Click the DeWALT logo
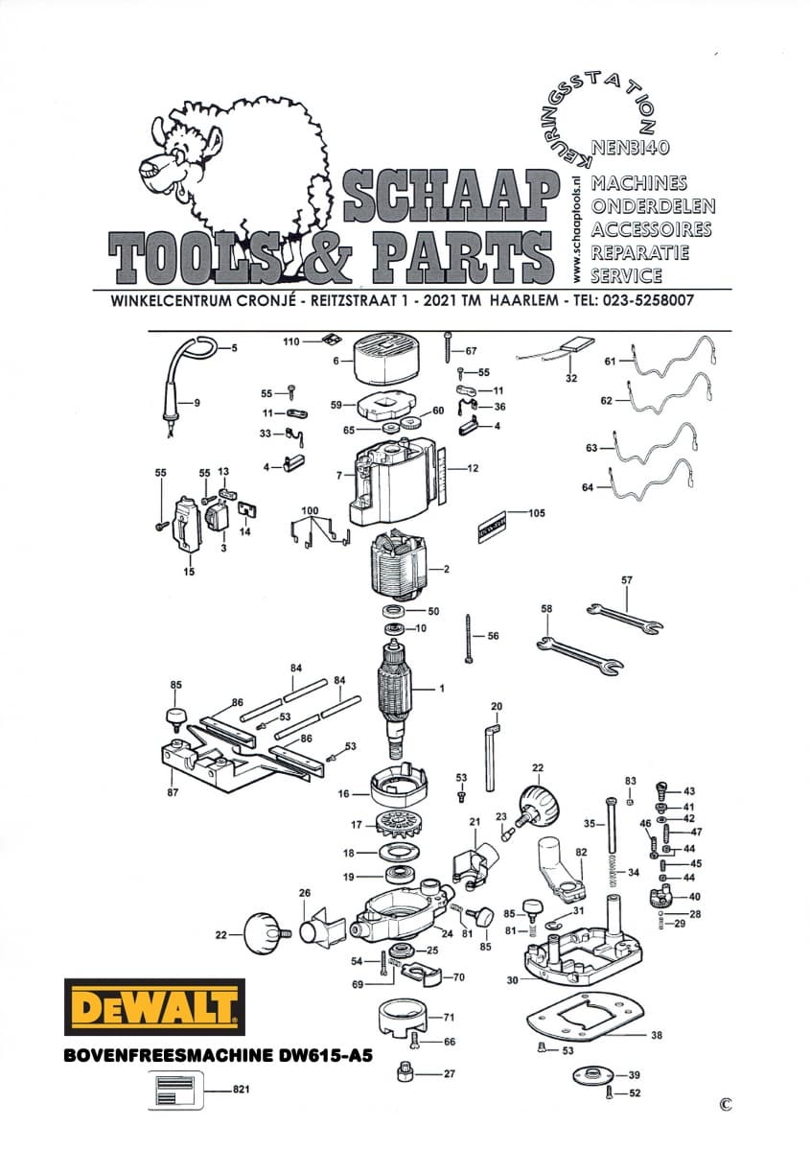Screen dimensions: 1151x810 (153, 1008)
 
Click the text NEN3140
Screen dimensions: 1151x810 (630, 149)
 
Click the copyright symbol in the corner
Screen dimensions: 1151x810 (725, 1103)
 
